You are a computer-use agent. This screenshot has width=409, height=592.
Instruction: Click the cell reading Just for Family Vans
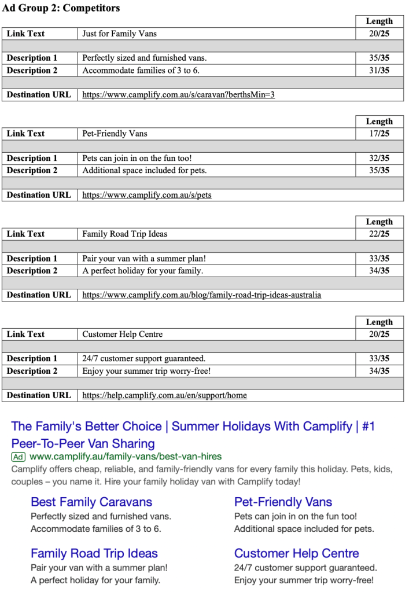[x=119, y=34]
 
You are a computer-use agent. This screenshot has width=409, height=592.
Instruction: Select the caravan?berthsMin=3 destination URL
[x=178, y=95]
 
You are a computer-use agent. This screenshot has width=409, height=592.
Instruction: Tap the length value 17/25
[x=379, y=134]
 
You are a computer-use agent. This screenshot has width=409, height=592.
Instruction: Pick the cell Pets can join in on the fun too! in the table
[x=137, y=158]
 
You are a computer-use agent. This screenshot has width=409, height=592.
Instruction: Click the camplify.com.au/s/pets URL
[x=147, y=195]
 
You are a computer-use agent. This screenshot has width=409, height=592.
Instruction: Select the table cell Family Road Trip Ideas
[x=124, y=234]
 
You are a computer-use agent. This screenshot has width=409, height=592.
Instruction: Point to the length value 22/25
[x=379, y=234]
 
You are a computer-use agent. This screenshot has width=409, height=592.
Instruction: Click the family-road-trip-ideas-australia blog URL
[x=201, y=295]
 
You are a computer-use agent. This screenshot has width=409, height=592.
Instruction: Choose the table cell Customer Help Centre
[x=123, y=334]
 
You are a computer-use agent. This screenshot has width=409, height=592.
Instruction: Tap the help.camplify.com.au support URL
[x=164, y=395]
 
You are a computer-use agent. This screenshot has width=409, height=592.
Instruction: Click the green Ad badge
[x=19, y=457]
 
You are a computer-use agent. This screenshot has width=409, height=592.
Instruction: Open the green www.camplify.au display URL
[x=126, y=457]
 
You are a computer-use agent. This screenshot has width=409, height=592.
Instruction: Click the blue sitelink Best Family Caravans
[x=91, y=502]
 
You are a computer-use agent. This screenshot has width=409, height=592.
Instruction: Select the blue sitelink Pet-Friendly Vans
[x=283, y=502]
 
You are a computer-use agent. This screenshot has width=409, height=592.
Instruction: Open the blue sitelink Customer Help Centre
[x=296, y=553]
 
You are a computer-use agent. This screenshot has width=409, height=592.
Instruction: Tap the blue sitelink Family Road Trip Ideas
[x=94, y=553]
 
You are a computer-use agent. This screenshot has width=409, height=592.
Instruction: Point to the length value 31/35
[x=379, y=71]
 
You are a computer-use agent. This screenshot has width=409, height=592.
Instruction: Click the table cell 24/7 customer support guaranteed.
[x=143, y=359]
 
